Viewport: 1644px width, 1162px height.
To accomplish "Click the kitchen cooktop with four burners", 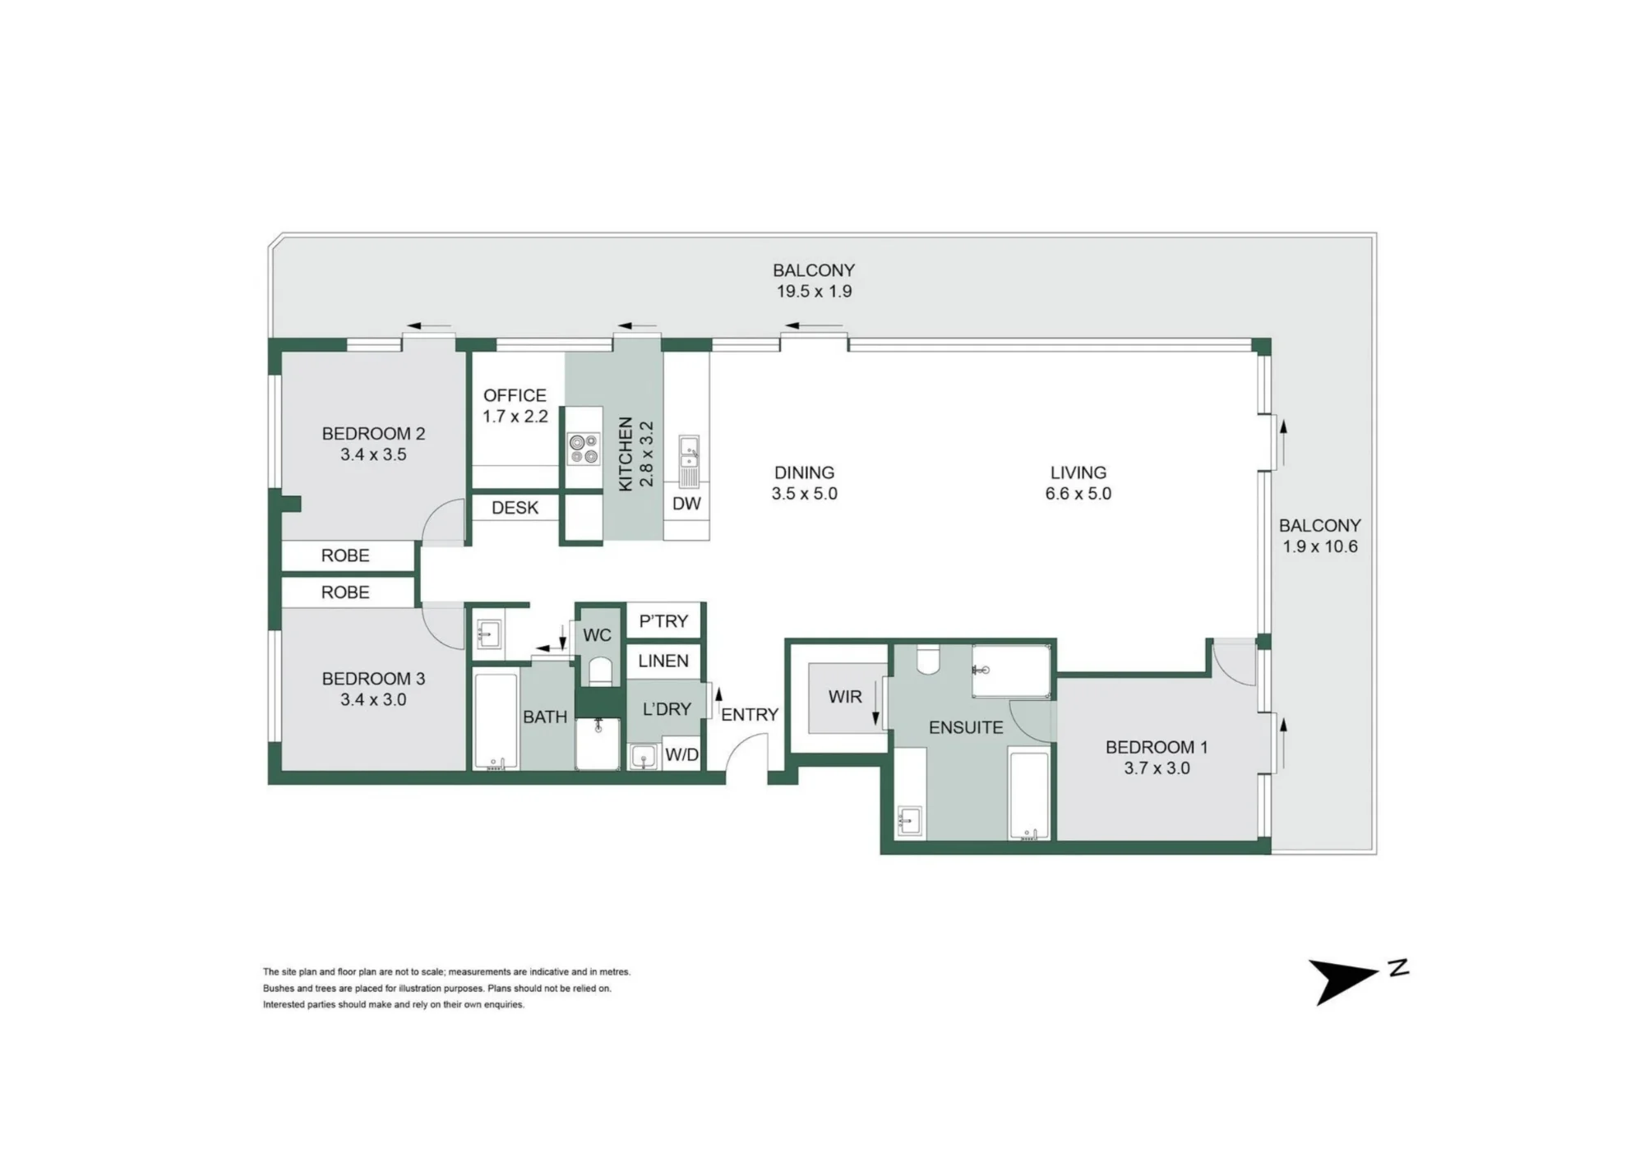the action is [584, 449].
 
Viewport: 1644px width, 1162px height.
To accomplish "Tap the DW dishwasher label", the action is [686, 504].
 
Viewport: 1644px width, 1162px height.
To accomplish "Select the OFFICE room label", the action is [515, 395].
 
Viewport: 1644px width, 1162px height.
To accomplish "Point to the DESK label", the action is [515, 508].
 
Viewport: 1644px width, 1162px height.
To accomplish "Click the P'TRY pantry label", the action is [663, 621].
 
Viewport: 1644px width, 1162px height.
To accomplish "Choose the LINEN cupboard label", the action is [663, 661].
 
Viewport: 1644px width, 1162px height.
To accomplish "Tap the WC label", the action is [598, 635].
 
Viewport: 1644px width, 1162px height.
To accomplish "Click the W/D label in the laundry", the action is [681, 755].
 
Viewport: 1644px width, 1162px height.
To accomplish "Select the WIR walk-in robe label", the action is [845, 697].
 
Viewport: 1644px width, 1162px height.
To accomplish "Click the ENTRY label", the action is [750, 715].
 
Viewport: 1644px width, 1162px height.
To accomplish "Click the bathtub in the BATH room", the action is [496, 722].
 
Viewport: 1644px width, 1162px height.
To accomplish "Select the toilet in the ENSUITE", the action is [928, 660].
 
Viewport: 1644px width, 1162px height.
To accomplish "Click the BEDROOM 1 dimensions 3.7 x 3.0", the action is [1157, 768].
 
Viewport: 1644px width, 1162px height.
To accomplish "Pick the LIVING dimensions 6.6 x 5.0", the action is [1078, 494].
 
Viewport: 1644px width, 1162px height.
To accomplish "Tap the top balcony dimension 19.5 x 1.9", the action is [814, 291].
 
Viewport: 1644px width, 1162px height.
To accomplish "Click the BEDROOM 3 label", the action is [373, 679].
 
